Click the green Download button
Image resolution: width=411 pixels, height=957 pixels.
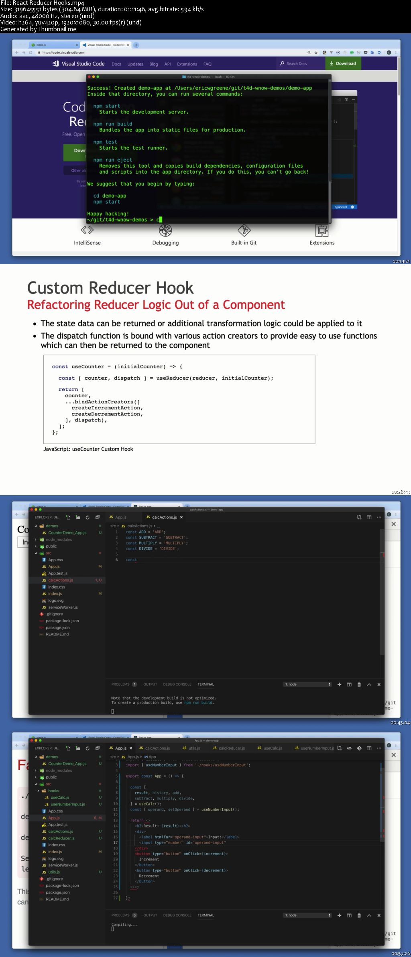coord(343,63)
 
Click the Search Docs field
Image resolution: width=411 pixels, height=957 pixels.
coord(297,63)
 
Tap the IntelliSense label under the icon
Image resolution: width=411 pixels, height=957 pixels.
coord(87,243)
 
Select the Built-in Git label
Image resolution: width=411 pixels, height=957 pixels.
coord(244,243)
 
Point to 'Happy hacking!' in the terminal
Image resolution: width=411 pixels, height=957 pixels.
coord(108,214)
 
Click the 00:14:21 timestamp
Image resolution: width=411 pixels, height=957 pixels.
coord(401,261)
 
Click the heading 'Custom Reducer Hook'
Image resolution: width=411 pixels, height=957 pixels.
coord(110,288)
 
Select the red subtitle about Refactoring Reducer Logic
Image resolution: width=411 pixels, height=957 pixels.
coord(156,305)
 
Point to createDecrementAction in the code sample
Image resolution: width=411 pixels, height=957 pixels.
coord(107,414)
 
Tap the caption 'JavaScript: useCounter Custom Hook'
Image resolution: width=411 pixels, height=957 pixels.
coord(88,449)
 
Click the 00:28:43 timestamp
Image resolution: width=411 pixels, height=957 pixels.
coord(401,492)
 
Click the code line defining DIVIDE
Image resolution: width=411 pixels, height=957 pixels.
coord(152,548)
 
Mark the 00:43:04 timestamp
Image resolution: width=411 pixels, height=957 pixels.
coord(400,722)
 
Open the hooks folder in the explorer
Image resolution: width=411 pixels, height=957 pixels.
coord(53,791)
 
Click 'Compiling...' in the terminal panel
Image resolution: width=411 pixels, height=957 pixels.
coord(124,925)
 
